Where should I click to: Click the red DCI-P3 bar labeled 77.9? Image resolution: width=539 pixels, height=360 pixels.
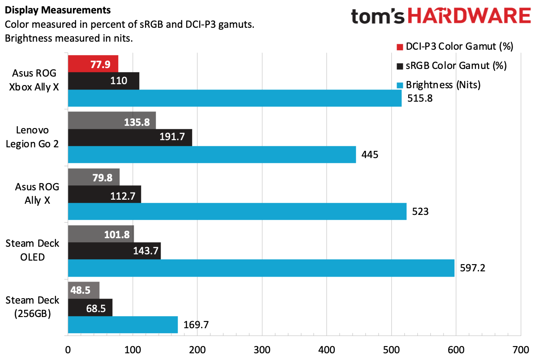click(x=93, y=64)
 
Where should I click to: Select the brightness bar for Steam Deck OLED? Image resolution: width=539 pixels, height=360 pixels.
click(x=261, y=268)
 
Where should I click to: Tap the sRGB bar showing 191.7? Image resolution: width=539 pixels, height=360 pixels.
click(x=130, y=137)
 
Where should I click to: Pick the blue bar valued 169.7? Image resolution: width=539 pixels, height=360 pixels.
click(x=123, y=324)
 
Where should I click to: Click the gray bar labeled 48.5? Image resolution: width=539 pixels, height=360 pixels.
click(x=83, y=290)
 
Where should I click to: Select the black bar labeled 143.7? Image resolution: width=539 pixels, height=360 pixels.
click(x=114, y=251)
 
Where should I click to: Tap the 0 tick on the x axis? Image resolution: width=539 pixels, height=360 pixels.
click(x=68, y=348)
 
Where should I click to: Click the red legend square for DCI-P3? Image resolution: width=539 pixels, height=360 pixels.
click(x=400, y=47)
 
